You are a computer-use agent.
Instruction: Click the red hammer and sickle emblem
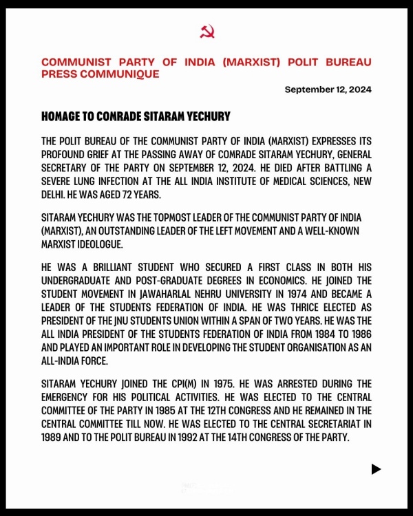(x=206, y=32)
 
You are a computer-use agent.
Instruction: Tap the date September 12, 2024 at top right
(x=328, y=90)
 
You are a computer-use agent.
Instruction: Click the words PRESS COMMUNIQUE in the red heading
(x=100, y=74)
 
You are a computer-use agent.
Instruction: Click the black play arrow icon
(x=376, y=469)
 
